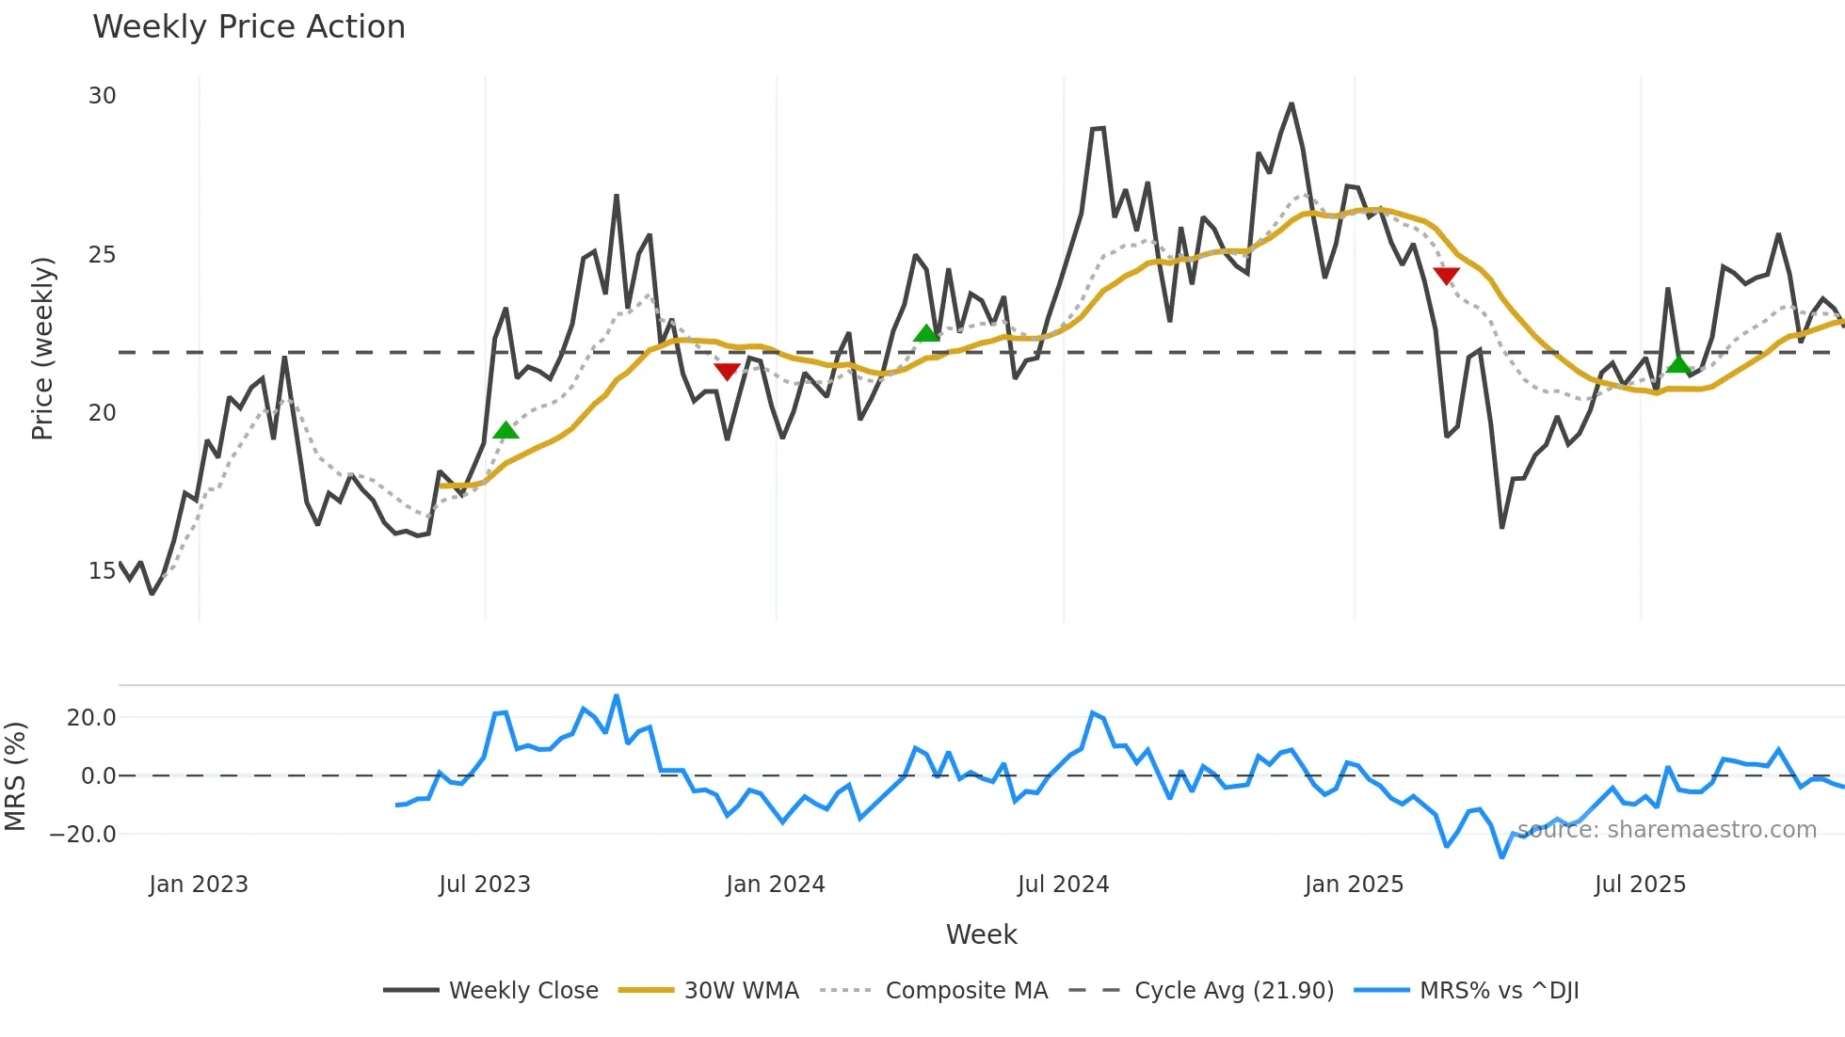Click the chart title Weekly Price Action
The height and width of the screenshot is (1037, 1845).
(249, 27)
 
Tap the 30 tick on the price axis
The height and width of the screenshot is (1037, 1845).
(102, 96)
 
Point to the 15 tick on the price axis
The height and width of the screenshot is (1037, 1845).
(102, 571)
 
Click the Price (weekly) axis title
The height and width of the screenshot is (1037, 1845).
(42, 348)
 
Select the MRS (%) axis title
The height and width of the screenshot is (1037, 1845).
(15, 776)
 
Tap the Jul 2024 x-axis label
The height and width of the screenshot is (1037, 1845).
(1063, 885)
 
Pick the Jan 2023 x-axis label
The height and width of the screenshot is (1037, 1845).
(198, 885)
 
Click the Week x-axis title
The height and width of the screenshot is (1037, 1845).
(981, 934)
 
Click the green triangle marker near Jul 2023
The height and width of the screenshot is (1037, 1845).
(505, 431)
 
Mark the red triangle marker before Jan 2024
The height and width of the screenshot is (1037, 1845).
(727, 372)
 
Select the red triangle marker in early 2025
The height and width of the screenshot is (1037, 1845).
(1446, 276)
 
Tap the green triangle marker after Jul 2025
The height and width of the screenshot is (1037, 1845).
(1678, 365)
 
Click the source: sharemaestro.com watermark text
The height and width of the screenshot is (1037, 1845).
(1666, 830)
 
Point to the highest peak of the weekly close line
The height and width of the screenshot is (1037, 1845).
(1291, 104)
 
